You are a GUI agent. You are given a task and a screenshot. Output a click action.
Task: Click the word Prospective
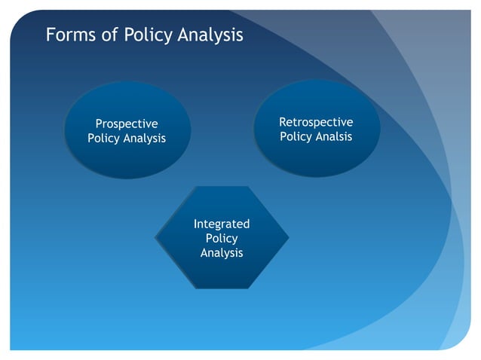[x=127, y=124]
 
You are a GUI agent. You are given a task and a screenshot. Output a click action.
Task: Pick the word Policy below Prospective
[x=104, y=139]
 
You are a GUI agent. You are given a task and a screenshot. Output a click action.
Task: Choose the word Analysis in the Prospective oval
[x=145, y=139]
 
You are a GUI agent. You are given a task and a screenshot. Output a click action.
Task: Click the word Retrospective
[x=316, y=122]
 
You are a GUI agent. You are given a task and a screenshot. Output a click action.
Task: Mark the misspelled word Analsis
[x=333, y=137]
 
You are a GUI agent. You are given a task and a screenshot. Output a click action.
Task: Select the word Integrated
[x=222, y=224]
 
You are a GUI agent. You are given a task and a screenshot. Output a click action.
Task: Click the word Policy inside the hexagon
[x=222, y=239]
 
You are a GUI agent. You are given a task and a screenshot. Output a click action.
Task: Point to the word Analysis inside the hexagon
[x=222, y=253]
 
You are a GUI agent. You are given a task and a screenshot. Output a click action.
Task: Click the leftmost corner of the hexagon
[x=155, y=237]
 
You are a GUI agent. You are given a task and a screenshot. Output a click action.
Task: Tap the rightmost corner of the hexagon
[x=289, y=237]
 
